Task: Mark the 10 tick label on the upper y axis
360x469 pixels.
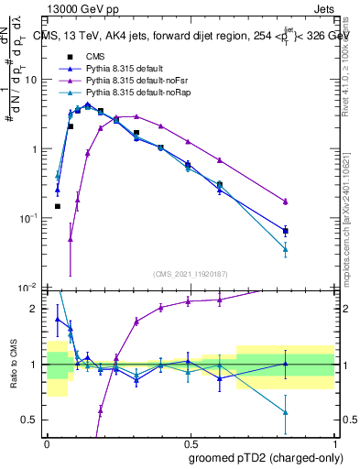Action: [x=31, y=80]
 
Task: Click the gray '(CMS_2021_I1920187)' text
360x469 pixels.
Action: [x=191, y=274]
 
